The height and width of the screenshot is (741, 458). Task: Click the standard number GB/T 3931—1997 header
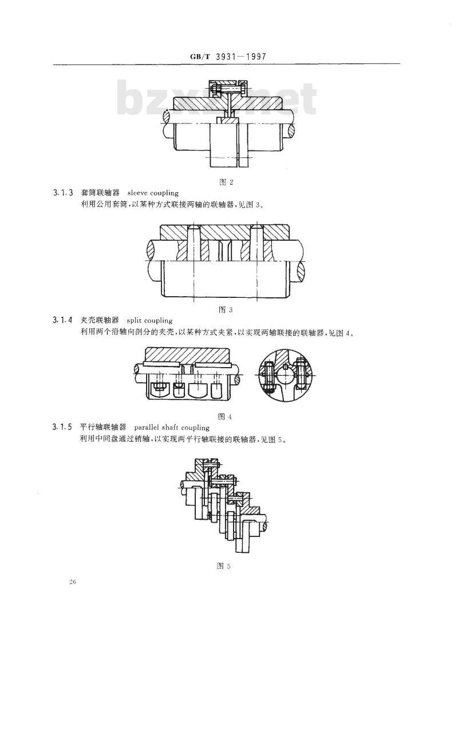(228, 57)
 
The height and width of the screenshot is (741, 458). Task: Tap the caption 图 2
(226, 182)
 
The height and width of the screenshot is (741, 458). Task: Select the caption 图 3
(226, 310)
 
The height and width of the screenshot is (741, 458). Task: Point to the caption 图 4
(225, 416)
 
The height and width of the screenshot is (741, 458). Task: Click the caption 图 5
(223, 566)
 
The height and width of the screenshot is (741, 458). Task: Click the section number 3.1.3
(62, 193)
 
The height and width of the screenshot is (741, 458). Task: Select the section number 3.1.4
(62, 320)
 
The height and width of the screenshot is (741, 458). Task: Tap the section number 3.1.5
(62, 427)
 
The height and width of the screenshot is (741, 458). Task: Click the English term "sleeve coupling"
(153, 193)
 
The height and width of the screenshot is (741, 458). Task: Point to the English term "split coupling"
(149, 321)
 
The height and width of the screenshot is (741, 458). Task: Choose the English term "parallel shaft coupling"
(172, 428)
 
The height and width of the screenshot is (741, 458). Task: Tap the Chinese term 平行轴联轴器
(103, 427)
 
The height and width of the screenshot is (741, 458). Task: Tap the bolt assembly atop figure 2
(227, 88)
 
